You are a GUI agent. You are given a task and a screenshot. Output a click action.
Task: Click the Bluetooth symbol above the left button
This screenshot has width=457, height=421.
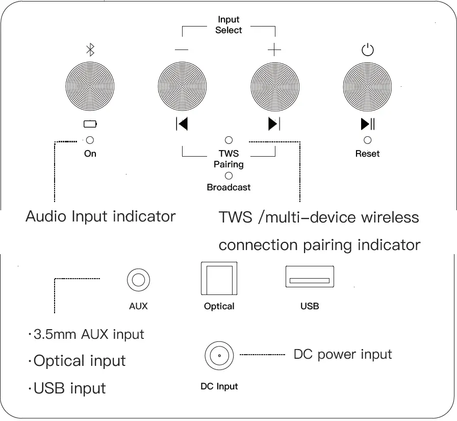tap(90, 49)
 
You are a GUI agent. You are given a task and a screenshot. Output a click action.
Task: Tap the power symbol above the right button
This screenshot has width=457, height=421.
tap(367, 50)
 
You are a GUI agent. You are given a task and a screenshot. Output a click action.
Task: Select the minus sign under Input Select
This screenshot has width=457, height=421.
tap(182, 50)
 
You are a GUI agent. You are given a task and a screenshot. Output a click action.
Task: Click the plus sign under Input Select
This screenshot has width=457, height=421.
tap(274, 50)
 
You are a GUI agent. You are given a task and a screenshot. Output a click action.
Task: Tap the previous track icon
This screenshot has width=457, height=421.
tap(182, 123)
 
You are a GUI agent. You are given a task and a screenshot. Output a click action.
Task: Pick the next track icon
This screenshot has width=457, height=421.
tap(274, 123)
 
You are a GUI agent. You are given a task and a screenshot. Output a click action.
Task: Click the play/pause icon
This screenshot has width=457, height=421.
tap(368, 123)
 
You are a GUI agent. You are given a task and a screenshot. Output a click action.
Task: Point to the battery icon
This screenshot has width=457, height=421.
tap(90, 124)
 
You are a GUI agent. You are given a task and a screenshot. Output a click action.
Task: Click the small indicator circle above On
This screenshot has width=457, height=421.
tap(90, 140)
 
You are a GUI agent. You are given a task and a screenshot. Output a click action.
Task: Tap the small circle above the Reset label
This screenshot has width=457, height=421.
tap(367, 140)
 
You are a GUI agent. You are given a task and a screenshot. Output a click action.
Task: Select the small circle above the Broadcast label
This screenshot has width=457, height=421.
tap(229, 176)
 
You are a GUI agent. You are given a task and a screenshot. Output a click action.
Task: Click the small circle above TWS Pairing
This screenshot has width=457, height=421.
tap(229, 140)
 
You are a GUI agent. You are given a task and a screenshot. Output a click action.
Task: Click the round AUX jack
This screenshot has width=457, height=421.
tap(138, 280)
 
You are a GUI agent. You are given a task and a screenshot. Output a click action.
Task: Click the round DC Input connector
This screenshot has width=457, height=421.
tap(219, 355)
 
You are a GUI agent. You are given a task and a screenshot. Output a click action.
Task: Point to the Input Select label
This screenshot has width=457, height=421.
tap(229, 25)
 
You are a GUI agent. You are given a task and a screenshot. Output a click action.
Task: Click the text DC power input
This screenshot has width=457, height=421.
tap(343, 355)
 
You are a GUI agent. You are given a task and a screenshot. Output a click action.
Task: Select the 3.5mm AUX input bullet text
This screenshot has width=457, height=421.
tap(86, 335)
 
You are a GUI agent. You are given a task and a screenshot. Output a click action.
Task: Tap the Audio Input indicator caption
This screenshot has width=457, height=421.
tap(100, 216)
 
